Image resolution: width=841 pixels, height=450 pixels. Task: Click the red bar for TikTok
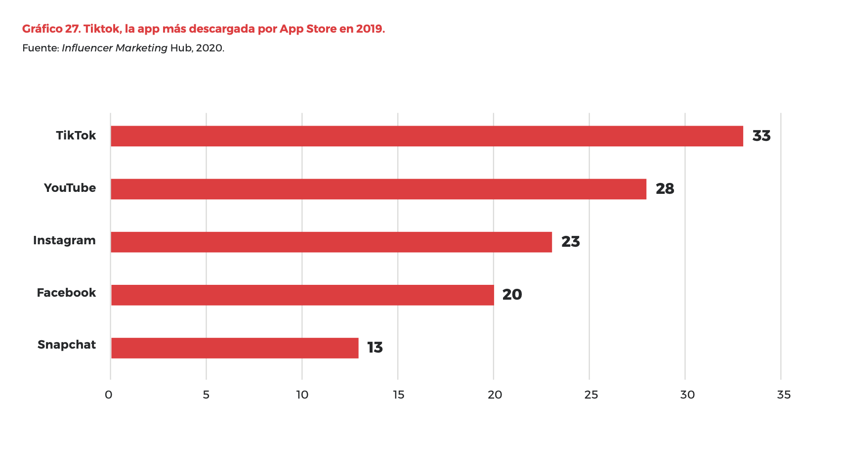(x=426, y=136)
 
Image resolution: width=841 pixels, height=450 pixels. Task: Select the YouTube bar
(x=378, y=189)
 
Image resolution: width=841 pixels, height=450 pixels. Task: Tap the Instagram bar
(x=331, y=242)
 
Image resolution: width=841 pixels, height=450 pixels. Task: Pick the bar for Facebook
(x=302, y=295)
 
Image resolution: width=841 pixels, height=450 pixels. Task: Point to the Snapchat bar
(x=235, y=348)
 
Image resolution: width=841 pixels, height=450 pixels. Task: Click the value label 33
(x=761, y=136)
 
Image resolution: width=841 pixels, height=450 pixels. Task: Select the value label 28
(x=665, y=189)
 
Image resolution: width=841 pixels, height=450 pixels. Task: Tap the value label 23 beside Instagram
(x=570, y=242)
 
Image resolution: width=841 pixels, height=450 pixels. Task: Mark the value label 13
(x=375, y=348)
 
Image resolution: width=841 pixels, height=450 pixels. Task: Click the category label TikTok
(x=76, y=135)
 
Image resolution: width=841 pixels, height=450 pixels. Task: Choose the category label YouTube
(x=70, y=188)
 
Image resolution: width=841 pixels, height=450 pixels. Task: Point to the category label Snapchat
(x=67, y=345)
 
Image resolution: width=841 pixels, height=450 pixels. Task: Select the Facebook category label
(x=66, y=293)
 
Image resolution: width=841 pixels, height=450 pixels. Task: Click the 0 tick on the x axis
(x=109, y=395)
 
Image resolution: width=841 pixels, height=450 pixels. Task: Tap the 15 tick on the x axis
(x=398, y=395)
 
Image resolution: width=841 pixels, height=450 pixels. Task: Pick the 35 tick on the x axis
(x=784, y=395)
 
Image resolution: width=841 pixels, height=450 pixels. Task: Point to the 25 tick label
(x=591, y=395)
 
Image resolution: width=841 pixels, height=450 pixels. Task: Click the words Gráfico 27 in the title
(x=51, y=29)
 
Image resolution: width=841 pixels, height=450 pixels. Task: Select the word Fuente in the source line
(x=40, y=48)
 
